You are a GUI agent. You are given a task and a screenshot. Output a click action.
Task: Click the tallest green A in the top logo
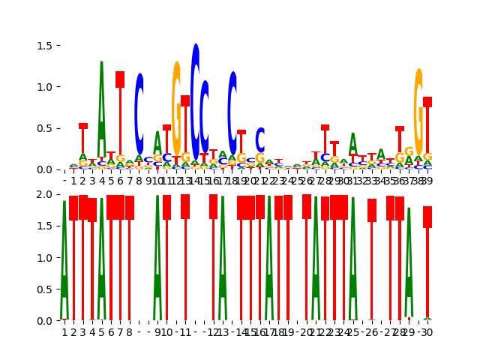[x=102, y=105]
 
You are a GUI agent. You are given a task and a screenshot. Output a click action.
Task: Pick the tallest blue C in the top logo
[x=195, y=90]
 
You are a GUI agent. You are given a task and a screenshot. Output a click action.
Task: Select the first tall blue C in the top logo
[x=139, y=112]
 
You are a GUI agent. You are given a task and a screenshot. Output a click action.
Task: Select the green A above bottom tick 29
[x=409, y=262]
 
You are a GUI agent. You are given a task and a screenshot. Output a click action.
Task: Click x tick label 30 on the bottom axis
[x=427, y=332]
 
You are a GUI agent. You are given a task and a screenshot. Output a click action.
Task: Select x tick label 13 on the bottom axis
[x=223, y=332]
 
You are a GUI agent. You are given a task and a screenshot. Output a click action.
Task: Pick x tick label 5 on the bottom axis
[x=101, y=332]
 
